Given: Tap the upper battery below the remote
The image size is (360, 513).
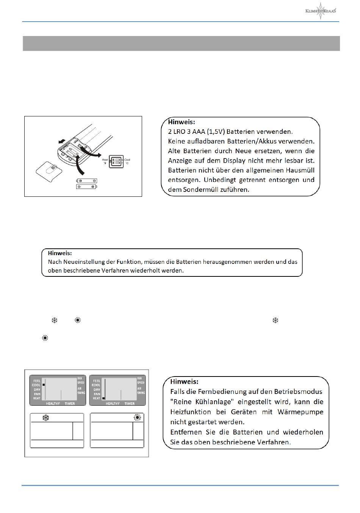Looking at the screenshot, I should coord(87,181).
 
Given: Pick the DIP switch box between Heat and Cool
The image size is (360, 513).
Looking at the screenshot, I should coord(116,162).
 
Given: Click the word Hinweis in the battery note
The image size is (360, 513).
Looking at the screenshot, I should coord(181,122).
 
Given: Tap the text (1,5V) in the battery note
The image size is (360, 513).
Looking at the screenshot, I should coord(215,132).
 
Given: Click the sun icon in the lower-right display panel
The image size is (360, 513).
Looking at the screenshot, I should coord(137,418).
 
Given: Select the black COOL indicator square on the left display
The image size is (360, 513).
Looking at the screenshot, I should coord(44,385).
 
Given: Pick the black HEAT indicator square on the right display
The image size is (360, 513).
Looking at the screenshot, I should coord(103,398).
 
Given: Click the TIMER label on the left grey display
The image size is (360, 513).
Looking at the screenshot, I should coord(69,403).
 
